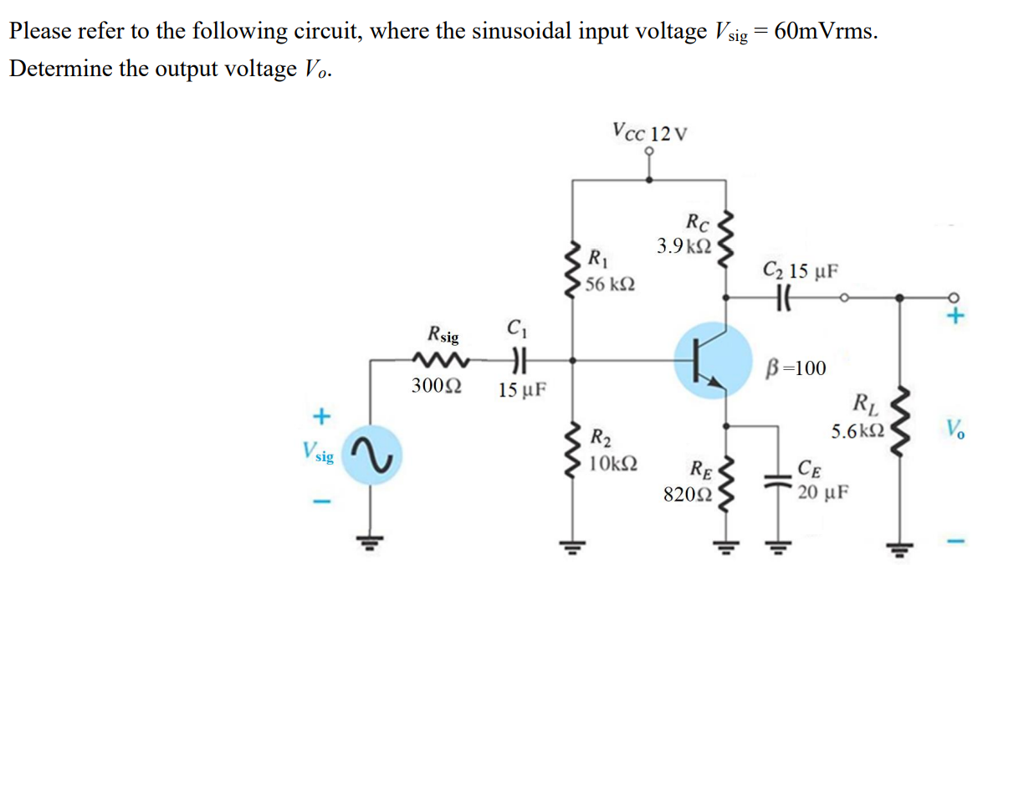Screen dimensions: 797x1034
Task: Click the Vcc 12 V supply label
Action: click(649, 132)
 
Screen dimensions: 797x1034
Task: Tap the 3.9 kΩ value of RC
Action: click(683, 246)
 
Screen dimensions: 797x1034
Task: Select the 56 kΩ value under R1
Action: click(609, 285)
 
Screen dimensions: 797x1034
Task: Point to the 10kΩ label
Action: click(613, 462)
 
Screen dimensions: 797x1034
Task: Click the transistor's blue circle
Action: click(713, 362)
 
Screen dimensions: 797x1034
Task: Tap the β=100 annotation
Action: click(796, 368)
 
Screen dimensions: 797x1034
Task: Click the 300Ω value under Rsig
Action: click(435, 387)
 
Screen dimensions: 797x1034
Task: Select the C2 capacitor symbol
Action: click(784, 296)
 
